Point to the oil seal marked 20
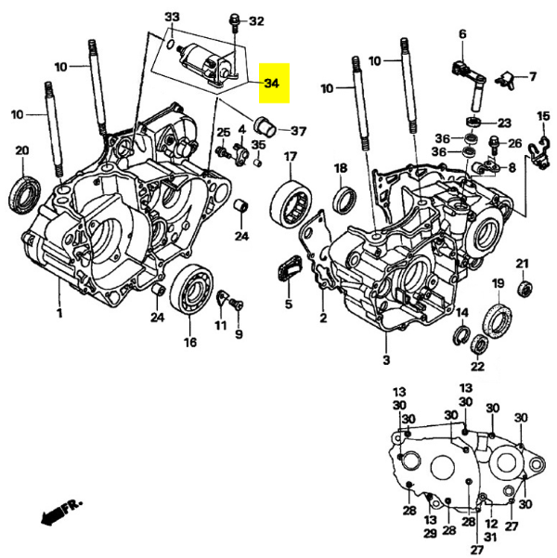pos(25,190)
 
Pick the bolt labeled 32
pos(234,19)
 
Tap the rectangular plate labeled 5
pos(287,270)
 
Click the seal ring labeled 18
pos(343,197)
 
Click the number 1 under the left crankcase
pos(59,313)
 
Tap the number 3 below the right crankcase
pos(385,358)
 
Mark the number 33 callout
pos(172,19)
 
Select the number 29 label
pos(430,533)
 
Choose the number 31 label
pos(490,538)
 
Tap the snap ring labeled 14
pos(460,333)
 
